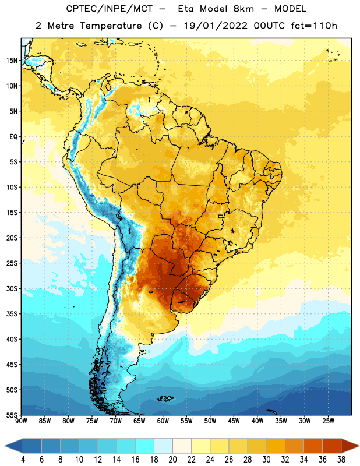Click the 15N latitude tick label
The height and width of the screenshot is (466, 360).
[x=12, y=61]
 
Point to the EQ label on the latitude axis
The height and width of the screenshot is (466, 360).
[x=13, y=137]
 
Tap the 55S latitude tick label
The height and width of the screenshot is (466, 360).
[x=12, y=415]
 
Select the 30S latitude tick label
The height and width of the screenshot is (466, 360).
[x=12, y=288]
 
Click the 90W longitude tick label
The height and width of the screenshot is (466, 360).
[x=21, y=421]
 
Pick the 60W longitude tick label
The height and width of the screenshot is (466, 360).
[x=163, y=421]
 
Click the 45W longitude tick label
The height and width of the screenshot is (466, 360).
[x=234, y=421]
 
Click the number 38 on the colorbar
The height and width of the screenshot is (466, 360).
[x=341, y=460]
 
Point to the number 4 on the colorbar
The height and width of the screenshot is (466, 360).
[x=23, y=460]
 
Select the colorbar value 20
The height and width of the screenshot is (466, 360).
[x=172, y=460]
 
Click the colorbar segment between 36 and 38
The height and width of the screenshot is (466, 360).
[x=332, y=446]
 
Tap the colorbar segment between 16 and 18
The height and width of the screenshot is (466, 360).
[x=145, y=446]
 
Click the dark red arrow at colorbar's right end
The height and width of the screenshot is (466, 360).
[x=350, y=446]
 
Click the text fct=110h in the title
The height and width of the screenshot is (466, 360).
[x=314, y=26]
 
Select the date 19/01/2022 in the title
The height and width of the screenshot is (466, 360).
[x=216, y=26]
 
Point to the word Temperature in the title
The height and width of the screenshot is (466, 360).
[x=111, y=26]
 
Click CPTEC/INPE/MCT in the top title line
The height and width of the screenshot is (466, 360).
[x=109, y=9]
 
